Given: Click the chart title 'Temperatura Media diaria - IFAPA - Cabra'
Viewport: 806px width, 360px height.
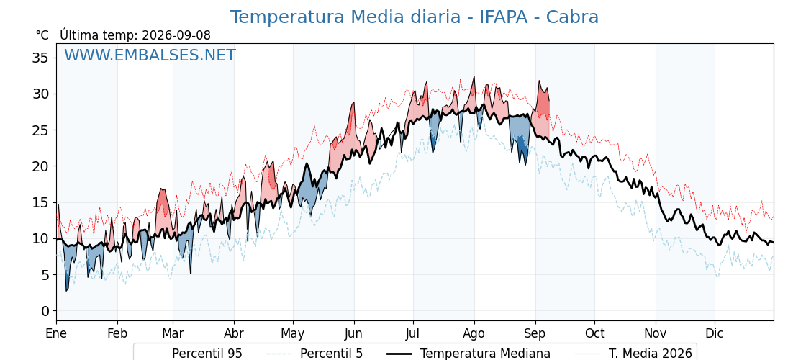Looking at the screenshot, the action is click(414, 17).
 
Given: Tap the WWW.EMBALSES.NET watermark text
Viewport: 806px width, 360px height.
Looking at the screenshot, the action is click(150, 55).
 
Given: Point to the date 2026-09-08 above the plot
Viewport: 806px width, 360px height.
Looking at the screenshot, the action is click(176, 35).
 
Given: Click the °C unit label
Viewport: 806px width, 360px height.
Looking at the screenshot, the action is click(42, 35).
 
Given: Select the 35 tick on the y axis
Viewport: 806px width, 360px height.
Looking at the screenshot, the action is click(41, 58).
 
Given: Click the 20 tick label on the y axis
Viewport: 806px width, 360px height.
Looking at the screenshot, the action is click(41, 166).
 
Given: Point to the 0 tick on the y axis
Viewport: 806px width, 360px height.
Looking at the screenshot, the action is click(45, 311).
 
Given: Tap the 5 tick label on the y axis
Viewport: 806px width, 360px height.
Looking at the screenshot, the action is click(45, 275).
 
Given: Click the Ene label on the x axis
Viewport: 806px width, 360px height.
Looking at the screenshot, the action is click(56, 334).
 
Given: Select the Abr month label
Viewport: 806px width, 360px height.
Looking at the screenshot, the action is click(234, 334).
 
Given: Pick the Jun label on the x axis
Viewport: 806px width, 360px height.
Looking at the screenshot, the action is click(353, 334).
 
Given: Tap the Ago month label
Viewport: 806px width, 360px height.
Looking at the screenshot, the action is click(474, 334).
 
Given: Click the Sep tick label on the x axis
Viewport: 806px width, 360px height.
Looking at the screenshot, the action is click(535, 334).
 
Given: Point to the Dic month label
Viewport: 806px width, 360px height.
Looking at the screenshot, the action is click(715, 334).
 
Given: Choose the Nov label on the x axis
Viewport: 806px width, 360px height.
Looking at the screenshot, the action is click(656, 334).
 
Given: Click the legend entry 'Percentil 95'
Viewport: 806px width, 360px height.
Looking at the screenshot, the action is click(190, 354).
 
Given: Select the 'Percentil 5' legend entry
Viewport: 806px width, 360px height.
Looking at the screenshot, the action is click(314, 354).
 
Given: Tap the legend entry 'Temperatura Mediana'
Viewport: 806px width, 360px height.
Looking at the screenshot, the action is click(468, 354).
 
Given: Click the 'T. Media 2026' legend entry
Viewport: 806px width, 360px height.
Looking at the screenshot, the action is click(633, 354).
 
